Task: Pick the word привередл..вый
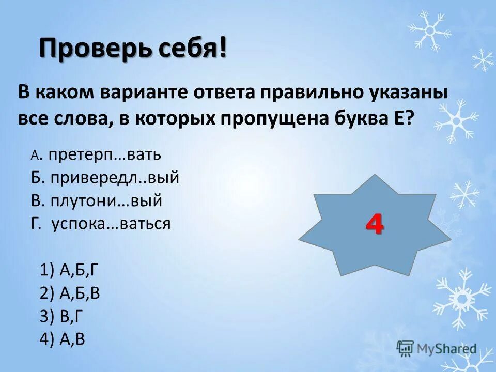tap(115, 178)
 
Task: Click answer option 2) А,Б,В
tap(70, 293)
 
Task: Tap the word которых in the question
tap(175, 117)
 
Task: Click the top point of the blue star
tap(375, 176)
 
